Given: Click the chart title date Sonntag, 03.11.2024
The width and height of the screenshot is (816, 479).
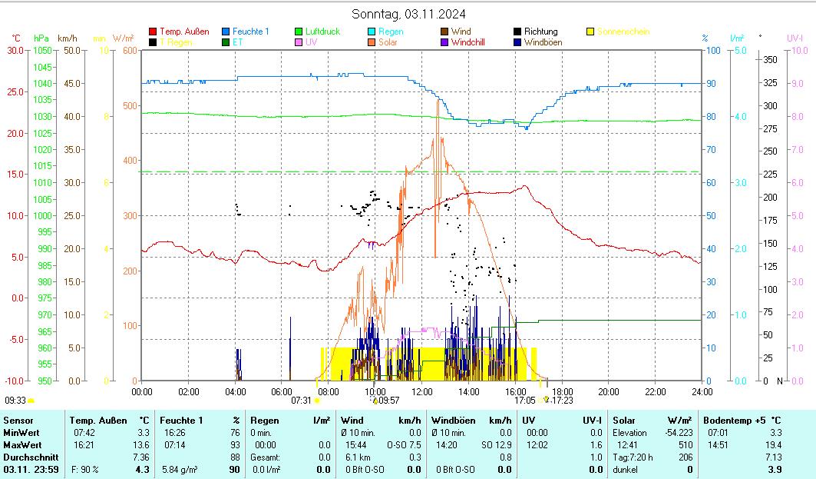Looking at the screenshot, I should [x=408, y=14].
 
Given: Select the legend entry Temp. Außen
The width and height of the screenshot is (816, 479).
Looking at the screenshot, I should [x=184, y=32].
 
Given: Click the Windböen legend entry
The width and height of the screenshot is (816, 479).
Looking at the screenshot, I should [x=543, y=42].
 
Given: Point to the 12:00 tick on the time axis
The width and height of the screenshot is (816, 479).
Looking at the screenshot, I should [x=421, y=391].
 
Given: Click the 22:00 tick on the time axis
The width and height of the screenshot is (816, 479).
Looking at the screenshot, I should [x=655, y=391].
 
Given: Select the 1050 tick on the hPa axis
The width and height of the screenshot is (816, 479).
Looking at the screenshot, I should [x=43, y=50].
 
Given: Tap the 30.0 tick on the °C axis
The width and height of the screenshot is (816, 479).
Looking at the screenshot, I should [x=15, y=50].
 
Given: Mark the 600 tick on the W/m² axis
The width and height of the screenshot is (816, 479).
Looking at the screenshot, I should [x=128, y=50].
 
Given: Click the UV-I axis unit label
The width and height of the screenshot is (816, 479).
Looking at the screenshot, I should [x=795, y=37].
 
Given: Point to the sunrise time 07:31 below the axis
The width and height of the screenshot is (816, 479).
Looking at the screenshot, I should [x=302, y=401].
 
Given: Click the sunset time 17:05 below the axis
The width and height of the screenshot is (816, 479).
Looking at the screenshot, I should [x=525, y=401].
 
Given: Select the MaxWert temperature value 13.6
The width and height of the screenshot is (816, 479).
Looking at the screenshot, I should [x=141, y=444].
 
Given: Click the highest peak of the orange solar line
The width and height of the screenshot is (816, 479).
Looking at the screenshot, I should [x=438, y=101].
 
